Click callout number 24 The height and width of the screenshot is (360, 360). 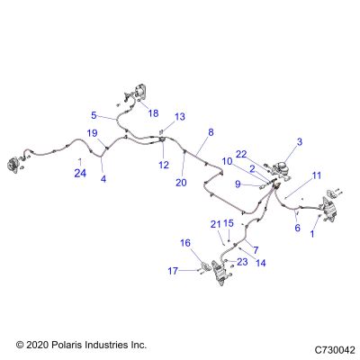point(80,173)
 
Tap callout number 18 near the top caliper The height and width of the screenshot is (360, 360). point(153,113)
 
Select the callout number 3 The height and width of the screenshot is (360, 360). point(300,142)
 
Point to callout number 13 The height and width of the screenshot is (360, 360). point(180,116)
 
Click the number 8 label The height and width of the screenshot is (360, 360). point(211,132)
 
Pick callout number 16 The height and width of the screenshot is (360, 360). point(185,243)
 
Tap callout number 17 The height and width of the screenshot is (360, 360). point(173,271)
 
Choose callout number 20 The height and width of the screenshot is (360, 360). point(181,183)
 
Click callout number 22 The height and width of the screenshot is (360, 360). point(241,154)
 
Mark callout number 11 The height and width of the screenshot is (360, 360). point(317,175)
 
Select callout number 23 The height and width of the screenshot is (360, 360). point(242,262)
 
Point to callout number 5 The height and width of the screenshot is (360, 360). point(94,115)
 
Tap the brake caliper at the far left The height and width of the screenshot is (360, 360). point(13,164)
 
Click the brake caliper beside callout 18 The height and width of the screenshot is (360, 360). point(140,93)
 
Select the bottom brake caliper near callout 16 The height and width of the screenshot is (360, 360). point(219,272)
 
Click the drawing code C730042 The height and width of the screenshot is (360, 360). point(335,350)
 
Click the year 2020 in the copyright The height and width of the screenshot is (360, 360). point(37,345)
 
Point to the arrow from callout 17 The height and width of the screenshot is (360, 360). point(188,271)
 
